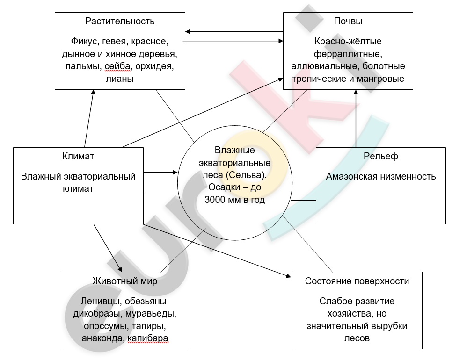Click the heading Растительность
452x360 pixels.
click(x=120, y=22)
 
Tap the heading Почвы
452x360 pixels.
click(x=348, y=22)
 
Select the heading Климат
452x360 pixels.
click(x=78, y=156)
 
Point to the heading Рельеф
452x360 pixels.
click(x=381, y=156)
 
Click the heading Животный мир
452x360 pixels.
click(x=125, y=281)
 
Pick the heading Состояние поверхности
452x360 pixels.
click(x=357, y=281)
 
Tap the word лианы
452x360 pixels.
click(x=120, y=79)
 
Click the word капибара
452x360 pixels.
click(x=147, y=338)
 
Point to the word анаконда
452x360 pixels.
click(x=103, y=338)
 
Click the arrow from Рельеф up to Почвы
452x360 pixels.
click(x=356, y=119)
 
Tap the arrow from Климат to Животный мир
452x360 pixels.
click(x=108, y=248)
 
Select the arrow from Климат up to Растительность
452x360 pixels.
click(x=89, y=119)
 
